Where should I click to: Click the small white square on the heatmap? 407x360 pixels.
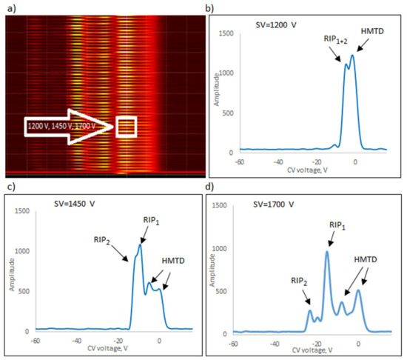point(127,127)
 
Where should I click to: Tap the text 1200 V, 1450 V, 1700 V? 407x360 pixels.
point(65,127)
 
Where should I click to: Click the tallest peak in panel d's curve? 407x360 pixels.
point(326,251)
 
